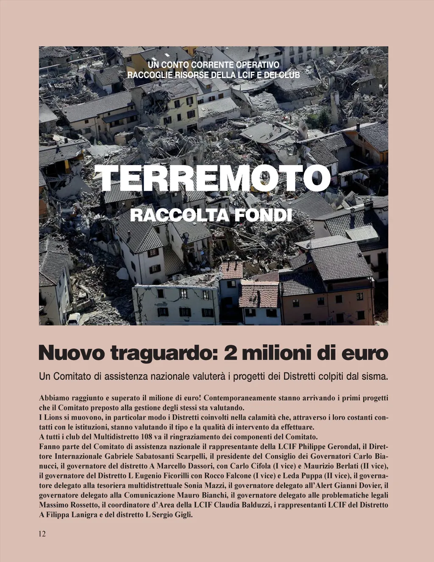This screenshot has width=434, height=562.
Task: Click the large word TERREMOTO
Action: click(212, 178)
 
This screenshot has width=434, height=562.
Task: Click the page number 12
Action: click(42, 534)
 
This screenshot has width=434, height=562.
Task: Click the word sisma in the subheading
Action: click(375, 376)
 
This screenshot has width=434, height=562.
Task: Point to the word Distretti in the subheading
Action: click(299, 376)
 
